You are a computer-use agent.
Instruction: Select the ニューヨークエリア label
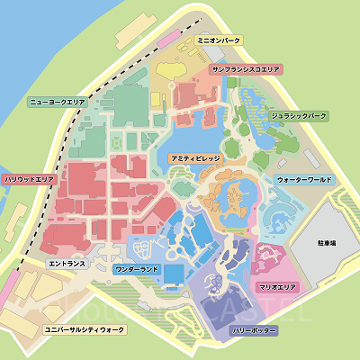tap(57, 103)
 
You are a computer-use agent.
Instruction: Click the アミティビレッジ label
tap(195, 157)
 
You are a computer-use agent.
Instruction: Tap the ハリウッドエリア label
tap(30, 180)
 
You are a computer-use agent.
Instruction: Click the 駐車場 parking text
tap(327, 243)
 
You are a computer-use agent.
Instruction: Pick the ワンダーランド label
tap(138, 269)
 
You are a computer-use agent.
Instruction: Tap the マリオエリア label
tap(277, 286)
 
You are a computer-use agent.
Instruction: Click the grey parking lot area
tap(324, 270)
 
